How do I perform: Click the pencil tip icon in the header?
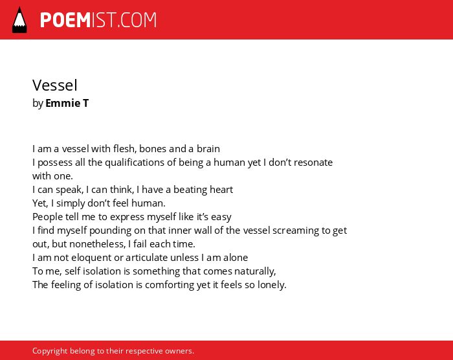19,20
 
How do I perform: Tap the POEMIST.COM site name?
98,20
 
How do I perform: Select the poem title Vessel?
55,85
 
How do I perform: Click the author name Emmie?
63,103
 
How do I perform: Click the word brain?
208,149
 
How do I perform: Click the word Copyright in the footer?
50,351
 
